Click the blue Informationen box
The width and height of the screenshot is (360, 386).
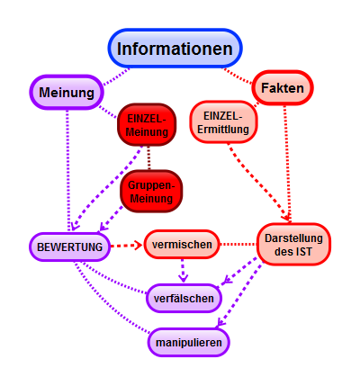click(x=176, y=49)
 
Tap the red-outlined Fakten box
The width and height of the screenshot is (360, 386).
click(x=283, y=88)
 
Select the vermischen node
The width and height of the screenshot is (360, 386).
click(x=182, y=245)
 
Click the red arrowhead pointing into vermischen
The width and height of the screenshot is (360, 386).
click(x=138, y=245)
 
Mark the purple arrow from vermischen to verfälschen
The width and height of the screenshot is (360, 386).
click(x=184, y=269)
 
